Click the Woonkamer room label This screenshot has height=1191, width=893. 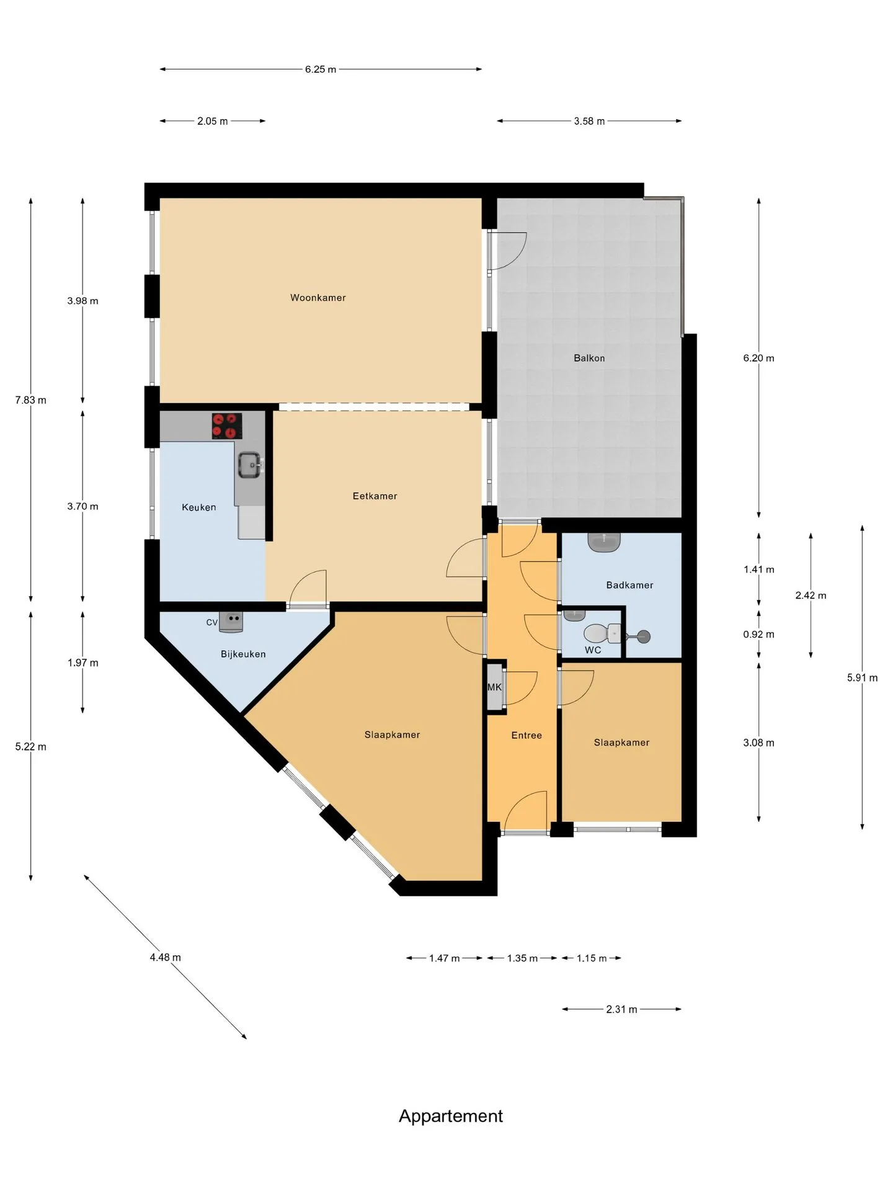[318, 298]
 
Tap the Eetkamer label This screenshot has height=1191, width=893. [375, 496]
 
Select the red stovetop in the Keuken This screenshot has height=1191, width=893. [227, 426]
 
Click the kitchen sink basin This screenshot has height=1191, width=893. [250, 465]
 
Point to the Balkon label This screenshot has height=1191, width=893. [589, 358]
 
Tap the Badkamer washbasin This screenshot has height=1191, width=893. [604, 542]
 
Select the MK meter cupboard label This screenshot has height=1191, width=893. [494, 687]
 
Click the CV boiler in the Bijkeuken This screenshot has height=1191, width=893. [231, 622]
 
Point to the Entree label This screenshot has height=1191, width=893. [526, 735]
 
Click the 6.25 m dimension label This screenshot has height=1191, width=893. [321, 69]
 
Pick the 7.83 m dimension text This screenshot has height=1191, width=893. [31, 400]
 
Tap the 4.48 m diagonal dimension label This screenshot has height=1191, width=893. [166, 957]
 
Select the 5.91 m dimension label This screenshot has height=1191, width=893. [863, 677]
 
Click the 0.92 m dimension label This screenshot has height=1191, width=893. [759, 634]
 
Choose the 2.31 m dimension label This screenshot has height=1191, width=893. [622, 1009]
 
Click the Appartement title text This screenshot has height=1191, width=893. [451, 1117]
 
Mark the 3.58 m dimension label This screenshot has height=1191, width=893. [589, 121]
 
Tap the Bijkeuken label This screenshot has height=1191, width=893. [243, 654]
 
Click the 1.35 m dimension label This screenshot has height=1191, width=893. [522, 958]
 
